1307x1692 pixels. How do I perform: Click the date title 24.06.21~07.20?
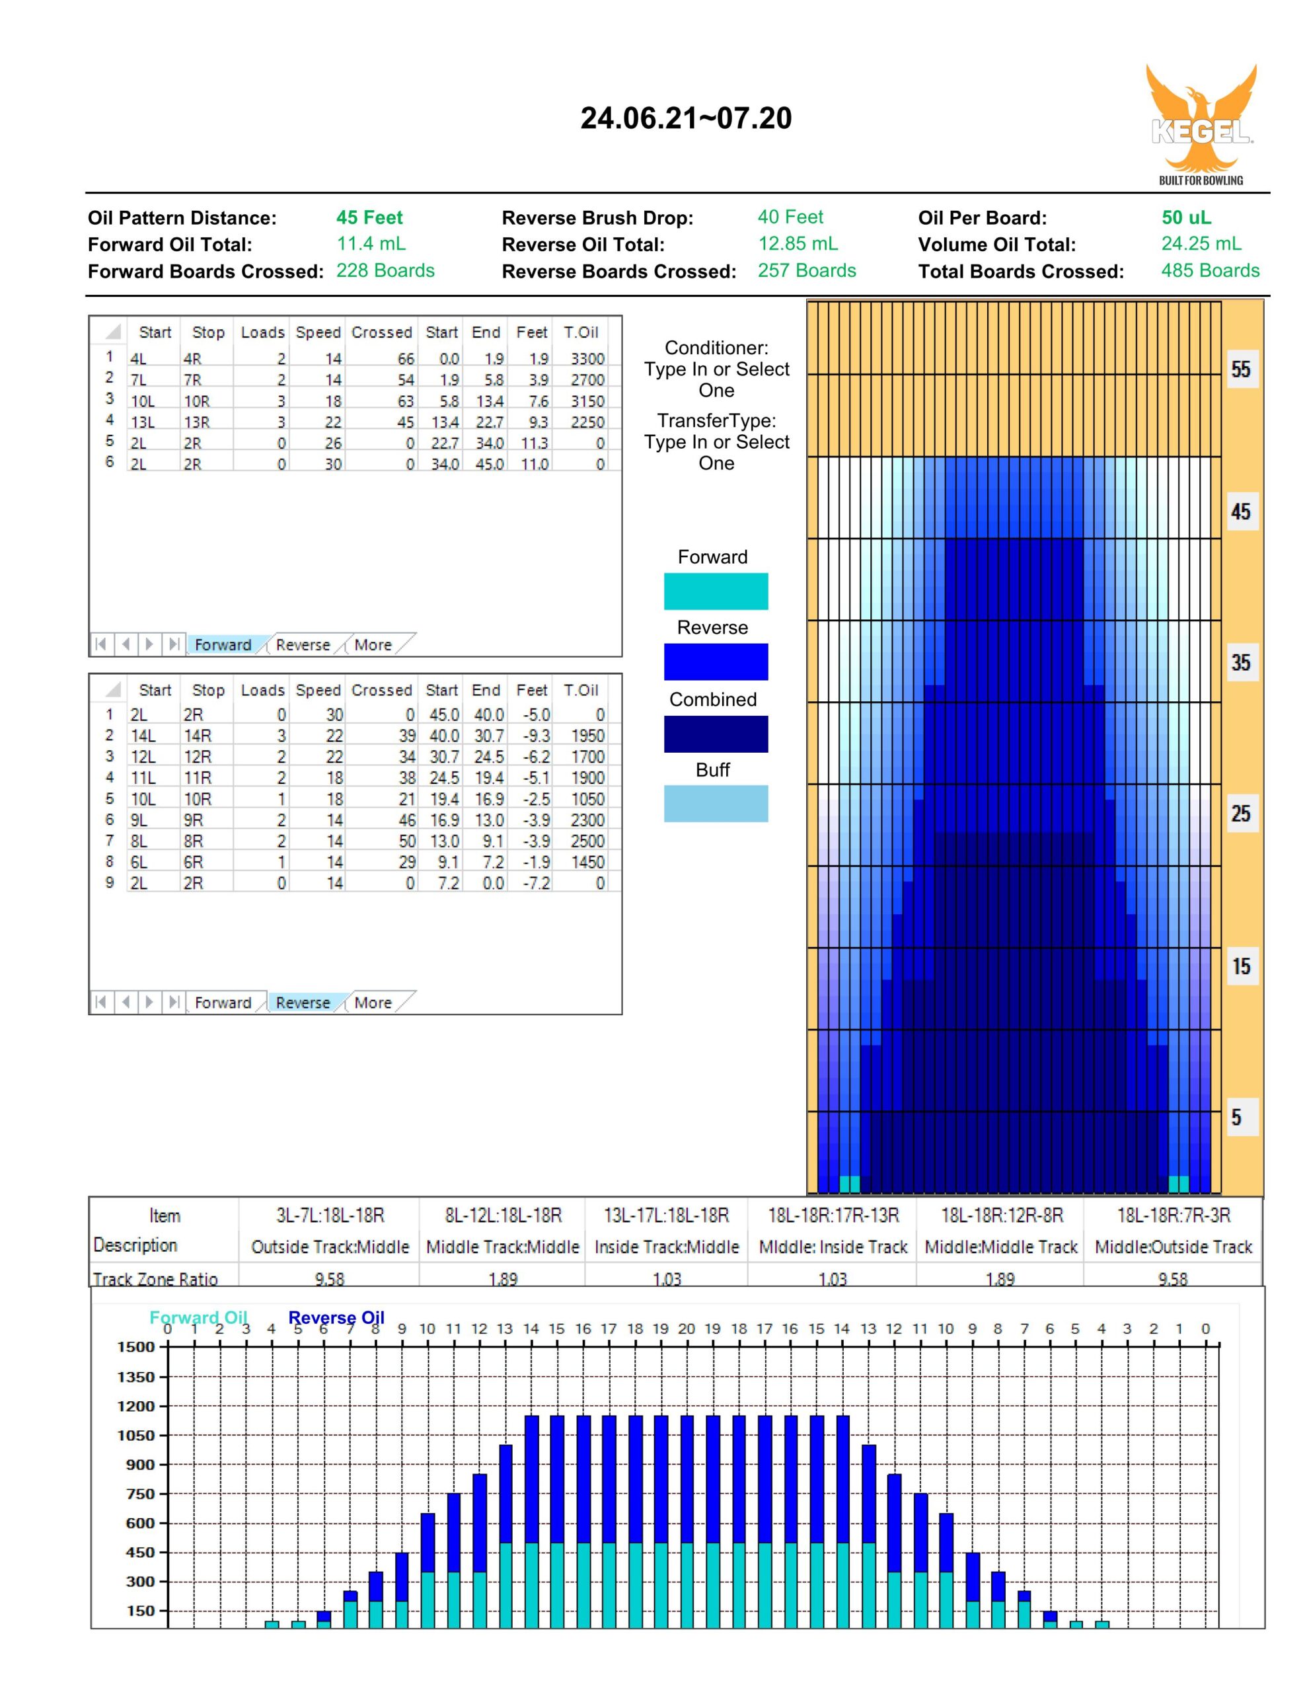click(686, 118)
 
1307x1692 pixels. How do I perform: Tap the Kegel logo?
click(1201, 124)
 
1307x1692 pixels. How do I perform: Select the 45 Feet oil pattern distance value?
click(369, 217)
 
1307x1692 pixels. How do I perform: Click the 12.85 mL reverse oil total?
click(798, 244)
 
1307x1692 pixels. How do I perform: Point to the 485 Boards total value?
click(1210, 270)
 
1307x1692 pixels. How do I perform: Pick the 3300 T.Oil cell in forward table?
click(587, 359)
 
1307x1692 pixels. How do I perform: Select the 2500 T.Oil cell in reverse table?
click(587, 841)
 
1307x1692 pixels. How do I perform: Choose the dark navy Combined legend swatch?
click(716, 734)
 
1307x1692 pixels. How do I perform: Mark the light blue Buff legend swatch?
click(716, 804)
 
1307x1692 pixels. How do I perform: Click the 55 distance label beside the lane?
click(1240, 369)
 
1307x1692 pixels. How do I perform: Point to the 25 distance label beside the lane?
click(1240, 814)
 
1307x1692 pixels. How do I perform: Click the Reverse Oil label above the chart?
click(336, 1318)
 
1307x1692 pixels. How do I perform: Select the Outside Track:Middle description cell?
click(330, 1247)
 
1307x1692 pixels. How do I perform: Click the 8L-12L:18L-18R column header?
click(503, 1215)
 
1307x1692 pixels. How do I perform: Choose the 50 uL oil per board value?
click(1186, 217)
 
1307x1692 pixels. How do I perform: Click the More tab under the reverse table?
click(373, 1003)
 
